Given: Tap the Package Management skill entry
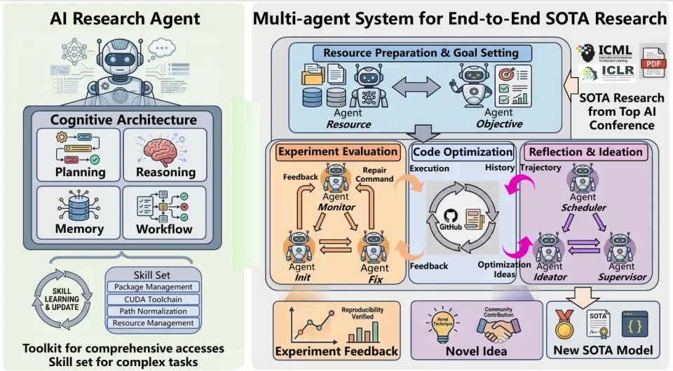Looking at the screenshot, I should click(153, 287).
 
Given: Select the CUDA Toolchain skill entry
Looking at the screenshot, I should click(153, 299).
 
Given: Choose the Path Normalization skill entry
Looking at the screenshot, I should click(153, 311).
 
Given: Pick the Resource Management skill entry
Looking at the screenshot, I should click(153, 323).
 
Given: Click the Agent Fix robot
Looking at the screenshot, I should click(373, 246).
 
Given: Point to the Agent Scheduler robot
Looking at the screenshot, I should click(583, 178).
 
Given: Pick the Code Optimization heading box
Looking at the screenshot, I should click(462, 151).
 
